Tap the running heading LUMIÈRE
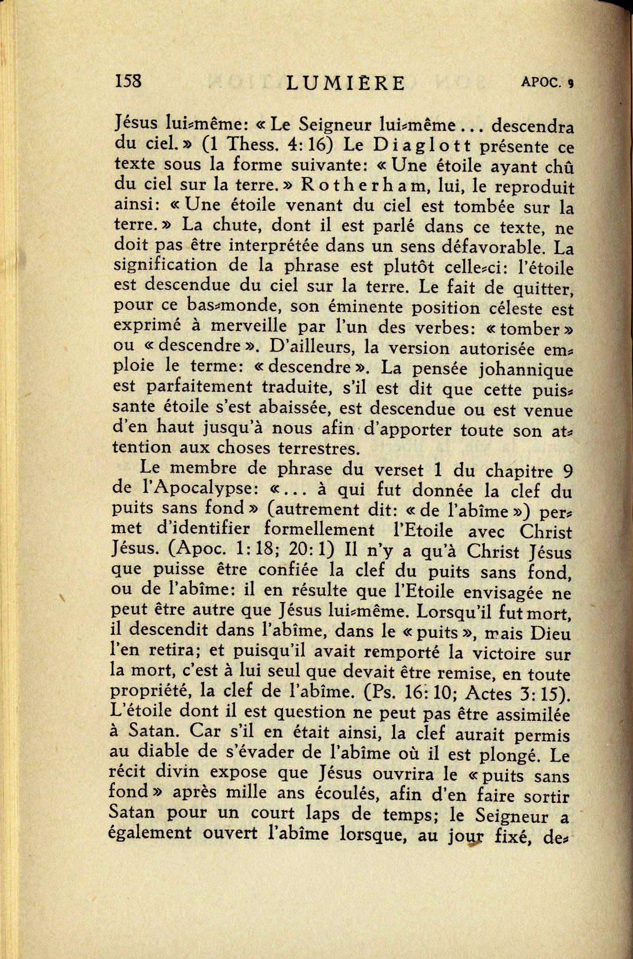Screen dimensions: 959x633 click(345, 84)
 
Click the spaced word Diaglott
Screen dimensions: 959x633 click(422, 145)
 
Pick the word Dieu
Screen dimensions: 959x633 click(550, 634)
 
